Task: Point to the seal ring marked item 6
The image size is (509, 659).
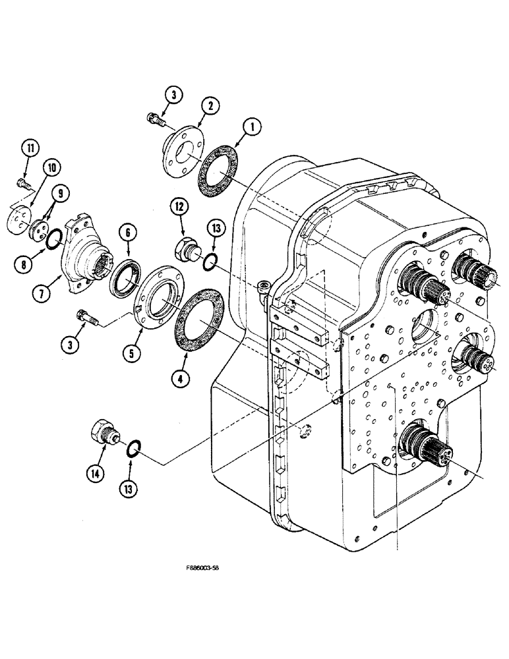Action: [123, 278]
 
